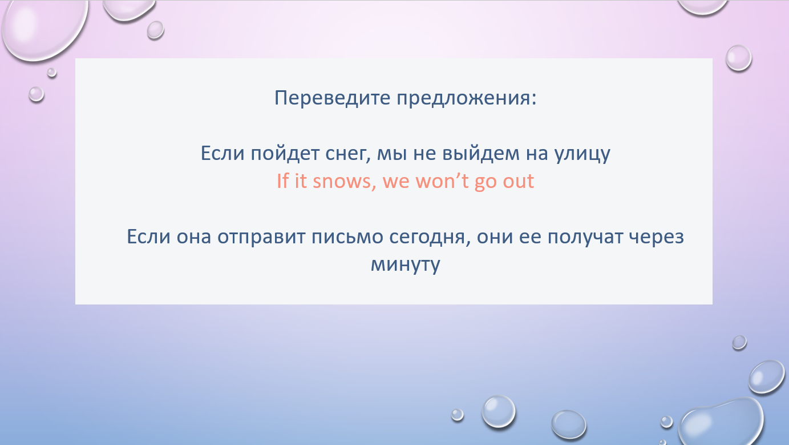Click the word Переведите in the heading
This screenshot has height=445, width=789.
(332, 98)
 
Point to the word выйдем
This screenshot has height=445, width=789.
(481, 154)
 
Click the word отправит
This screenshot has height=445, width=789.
(261, 237)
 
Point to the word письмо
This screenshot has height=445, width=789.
(347, 236)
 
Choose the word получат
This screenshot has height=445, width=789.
(585, 237)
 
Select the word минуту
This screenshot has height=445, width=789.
(406, 265)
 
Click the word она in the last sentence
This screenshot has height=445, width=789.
(194, 237)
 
